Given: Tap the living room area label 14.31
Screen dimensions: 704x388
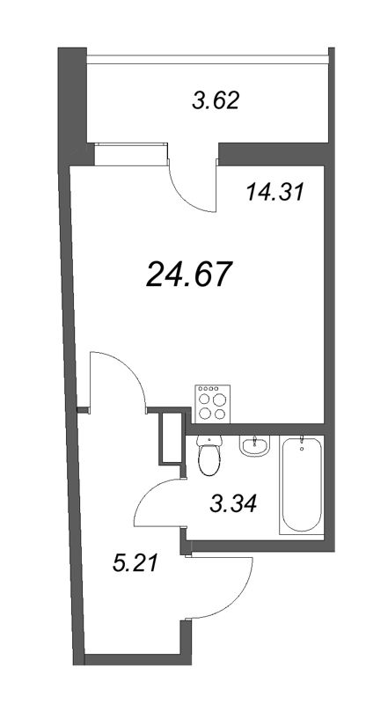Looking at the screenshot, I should coord(275,191).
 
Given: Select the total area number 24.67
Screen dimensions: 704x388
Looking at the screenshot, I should coord(190,274).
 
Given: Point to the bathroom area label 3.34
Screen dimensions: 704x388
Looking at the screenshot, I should coord(233,503).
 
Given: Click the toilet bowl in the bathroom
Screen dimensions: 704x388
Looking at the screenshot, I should coord(210,459).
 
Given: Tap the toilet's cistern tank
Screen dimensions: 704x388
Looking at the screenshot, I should coord(209,440).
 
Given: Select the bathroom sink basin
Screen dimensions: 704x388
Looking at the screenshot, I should coord(253,447).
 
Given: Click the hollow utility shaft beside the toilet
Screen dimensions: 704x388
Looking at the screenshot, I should coord(169,437).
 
